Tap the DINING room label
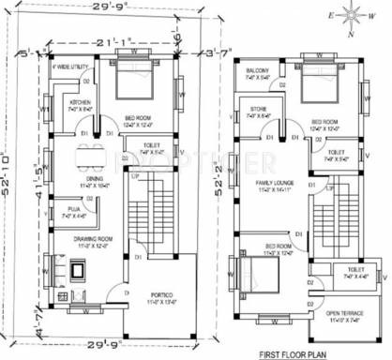(x=94, y=178)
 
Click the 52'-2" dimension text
(x=218, y=187)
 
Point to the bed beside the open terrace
(x=251, y=275)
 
